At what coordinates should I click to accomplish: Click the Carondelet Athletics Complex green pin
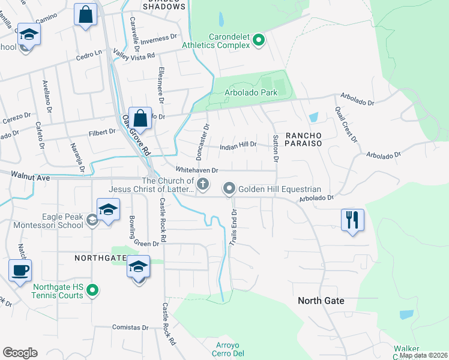[x=259, y=41]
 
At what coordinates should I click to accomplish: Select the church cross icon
[x=203, y=184]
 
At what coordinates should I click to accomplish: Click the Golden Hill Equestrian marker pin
[x=229, y=189]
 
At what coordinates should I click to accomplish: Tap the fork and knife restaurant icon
[x=352, y=219]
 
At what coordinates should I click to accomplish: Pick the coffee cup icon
[x=20, y=270]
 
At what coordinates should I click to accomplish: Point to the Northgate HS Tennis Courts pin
[x=92, y=292]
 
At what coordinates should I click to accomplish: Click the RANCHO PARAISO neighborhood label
[x=303, y=139]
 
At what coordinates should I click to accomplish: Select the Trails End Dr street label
[x=235, y=227]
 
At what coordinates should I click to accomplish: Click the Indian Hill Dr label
[x=238, y=145]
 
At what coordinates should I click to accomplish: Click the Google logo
[x=20, y=353]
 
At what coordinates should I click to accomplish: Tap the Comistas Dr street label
[x=130, y=328]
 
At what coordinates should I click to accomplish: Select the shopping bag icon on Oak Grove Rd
[x=140, y=118]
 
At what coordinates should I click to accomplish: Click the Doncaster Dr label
[x=206, y=137]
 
